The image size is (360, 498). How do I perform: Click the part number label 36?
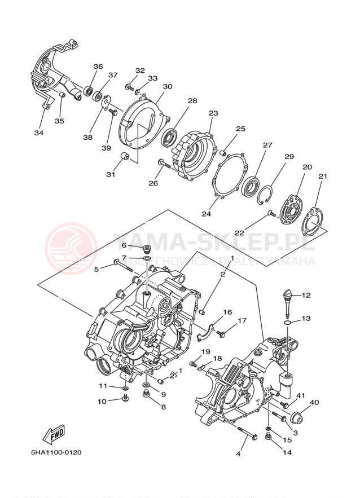point(98,67)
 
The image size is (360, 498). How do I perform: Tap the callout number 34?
point(38,133)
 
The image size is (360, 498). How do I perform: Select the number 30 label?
point(167,87)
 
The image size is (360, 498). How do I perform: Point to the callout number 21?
point(323,177)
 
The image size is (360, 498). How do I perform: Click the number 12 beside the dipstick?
point(306,296)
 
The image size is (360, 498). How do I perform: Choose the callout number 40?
point(314,402)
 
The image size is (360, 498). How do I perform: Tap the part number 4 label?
point(238,454)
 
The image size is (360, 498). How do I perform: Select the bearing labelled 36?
point(89,90)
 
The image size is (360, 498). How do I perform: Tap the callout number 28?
point(193,101)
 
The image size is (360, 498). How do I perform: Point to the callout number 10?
point(102,402)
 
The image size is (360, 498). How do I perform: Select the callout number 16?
point(227,312)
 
